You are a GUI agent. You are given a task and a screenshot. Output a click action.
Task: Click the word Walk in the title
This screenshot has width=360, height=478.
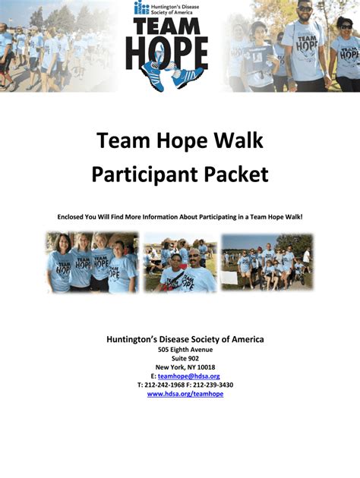point(238,140)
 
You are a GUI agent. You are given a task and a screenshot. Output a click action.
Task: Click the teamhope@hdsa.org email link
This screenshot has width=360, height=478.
point(189,376)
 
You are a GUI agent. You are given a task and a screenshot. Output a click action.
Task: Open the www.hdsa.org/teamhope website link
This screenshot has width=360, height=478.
point(185,394)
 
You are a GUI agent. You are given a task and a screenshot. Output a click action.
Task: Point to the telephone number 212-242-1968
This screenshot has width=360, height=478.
point(165,385)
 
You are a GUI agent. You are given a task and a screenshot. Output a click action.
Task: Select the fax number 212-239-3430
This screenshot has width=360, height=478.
point(213,385)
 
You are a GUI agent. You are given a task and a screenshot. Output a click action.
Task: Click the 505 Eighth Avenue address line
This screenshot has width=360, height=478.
point(185,350)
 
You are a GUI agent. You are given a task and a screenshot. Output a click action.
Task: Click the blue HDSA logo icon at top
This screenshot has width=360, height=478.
point(141,8)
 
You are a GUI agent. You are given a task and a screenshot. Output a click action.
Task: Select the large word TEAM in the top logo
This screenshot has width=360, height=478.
point(167,27)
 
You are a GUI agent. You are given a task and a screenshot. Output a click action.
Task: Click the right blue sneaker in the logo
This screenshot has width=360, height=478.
point(187,76)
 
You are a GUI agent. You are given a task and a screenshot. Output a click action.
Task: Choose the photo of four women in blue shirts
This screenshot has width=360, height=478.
point(93,263)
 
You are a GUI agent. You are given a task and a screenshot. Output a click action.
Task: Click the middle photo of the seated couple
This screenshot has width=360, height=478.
point(180,263)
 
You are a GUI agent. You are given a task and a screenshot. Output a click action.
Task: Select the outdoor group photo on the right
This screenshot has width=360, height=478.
point(267,263)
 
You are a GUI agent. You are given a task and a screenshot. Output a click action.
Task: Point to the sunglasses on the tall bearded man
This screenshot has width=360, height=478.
point(305,8)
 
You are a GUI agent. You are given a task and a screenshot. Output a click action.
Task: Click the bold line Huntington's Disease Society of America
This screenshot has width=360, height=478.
point(185,339)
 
